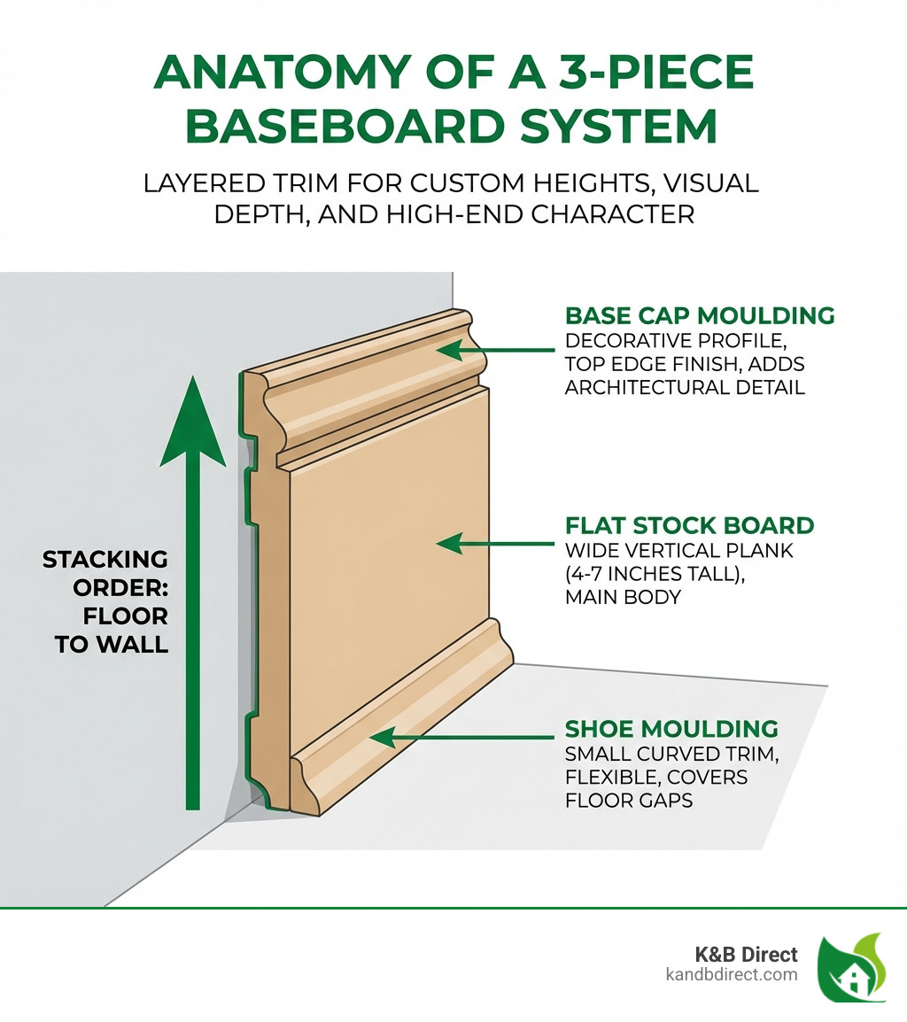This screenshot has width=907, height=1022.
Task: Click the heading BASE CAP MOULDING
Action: pyautogui.click(x=700, y=316)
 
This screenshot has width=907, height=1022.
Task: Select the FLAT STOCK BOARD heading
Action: pyautogui.click(x=689, y=525)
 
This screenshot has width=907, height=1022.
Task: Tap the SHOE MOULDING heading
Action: pyautogui.click(x=671, y=729)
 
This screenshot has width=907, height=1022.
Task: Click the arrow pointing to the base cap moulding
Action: pyautogui.click(x=495, y=351)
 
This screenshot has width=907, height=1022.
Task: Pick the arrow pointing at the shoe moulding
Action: pyautogui.click(x=461, y=737)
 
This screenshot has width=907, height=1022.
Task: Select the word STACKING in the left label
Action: pyautogui.click(x=105, y=560)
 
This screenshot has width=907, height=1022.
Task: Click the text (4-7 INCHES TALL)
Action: pyautogui.click(x=657, y=574)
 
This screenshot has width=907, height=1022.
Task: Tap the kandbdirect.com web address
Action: pyautogui.click(x=732, y=975)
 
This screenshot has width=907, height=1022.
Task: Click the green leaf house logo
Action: pyautogui.click(x=851, y=968)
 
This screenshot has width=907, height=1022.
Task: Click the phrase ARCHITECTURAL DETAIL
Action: pyautogui.click(x=685, y=387)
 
